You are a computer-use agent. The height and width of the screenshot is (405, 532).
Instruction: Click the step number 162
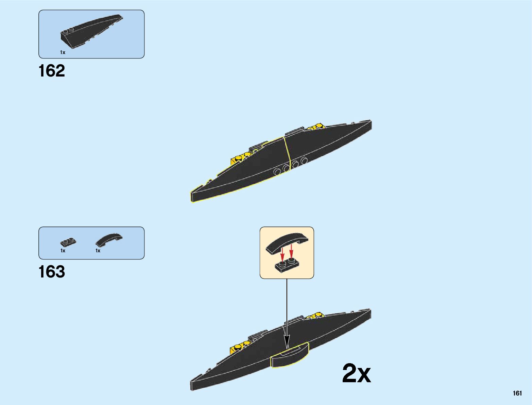point(52,71)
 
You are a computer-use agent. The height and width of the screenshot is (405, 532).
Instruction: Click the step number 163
point(52,272)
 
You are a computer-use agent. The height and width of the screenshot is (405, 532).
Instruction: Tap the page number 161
point(517,393)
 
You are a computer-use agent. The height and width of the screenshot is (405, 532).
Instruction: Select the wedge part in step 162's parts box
point(91,31)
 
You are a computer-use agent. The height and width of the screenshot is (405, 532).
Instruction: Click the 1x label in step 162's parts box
point(63,52)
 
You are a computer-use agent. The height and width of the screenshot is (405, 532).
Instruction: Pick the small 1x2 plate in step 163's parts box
point(68,242)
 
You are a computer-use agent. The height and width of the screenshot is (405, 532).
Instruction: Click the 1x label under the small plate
point(63,251)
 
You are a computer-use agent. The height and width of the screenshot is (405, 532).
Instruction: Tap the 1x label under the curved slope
point(98,251)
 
